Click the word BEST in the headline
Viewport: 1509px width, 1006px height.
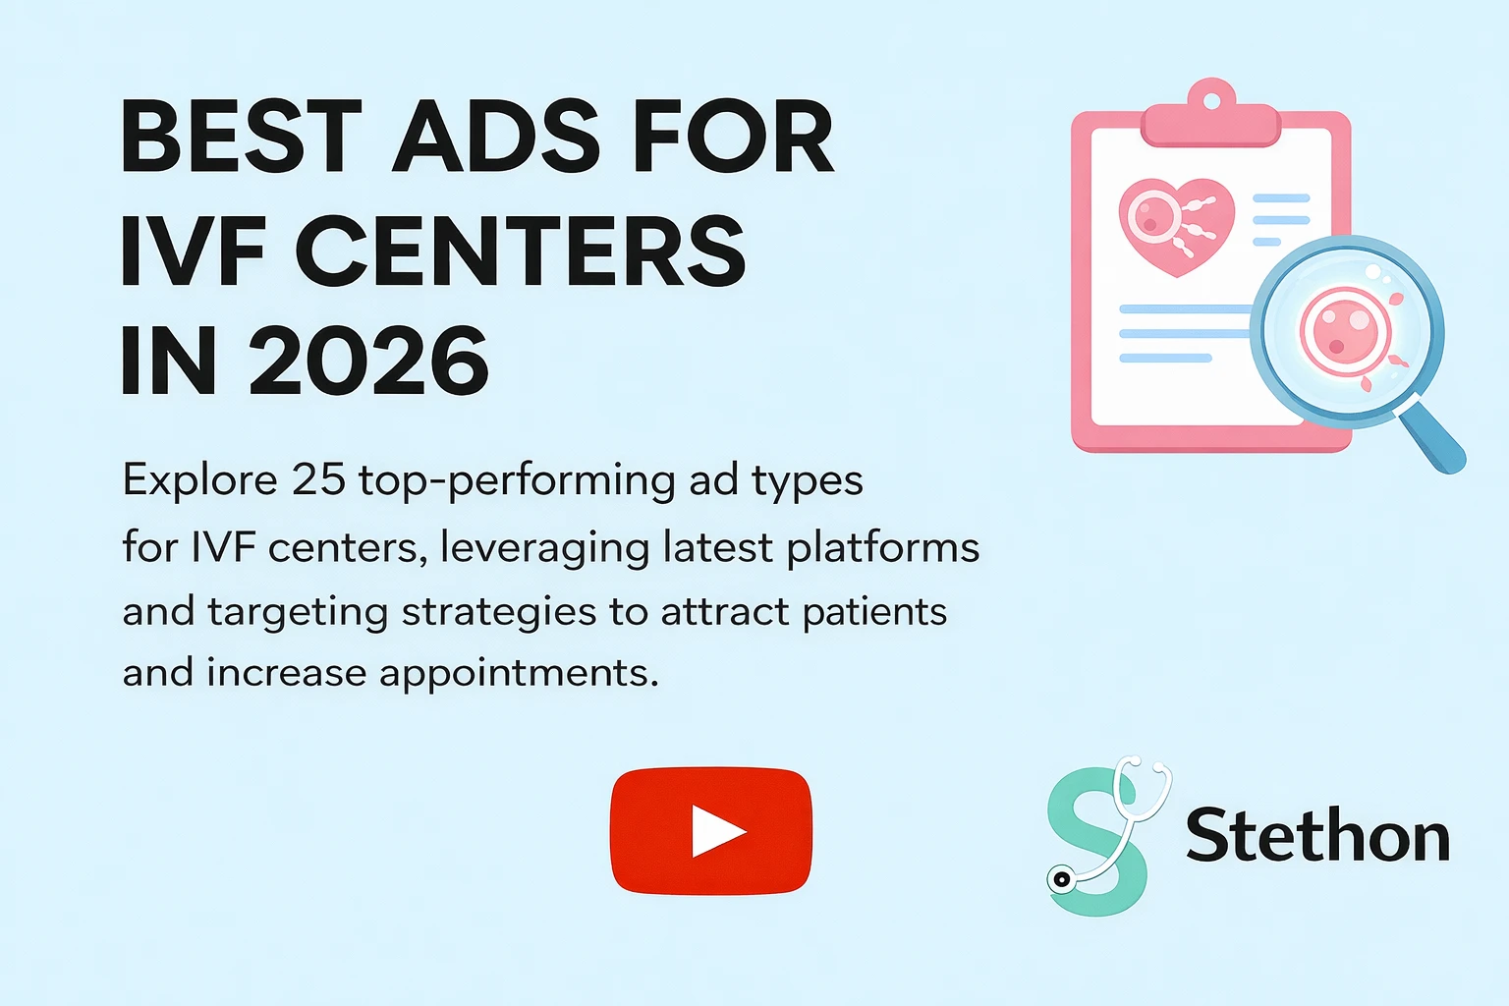(x=242, y=138)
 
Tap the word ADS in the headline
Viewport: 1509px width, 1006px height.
(x=496, y=138)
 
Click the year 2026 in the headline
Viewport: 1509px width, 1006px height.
(x=368, y=362)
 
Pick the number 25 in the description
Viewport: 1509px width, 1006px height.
(x=318, y=480)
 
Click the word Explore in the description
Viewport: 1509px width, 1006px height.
(x=200, y=480)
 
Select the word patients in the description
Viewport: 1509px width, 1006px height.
(x=874, y=611)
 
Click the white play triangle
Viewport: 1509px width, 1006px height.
(x=717, y=831)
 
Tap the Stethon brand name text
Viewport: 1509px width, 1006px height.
(x=1317, y=836)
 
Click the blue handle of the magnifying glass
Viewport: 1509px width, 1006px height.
(x=1432, y=439)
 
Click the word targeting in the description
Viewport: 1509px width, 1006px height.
(x=298, y=613)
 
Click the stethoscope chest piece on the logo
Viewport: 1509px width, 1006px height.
(x=1061, y=879)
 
